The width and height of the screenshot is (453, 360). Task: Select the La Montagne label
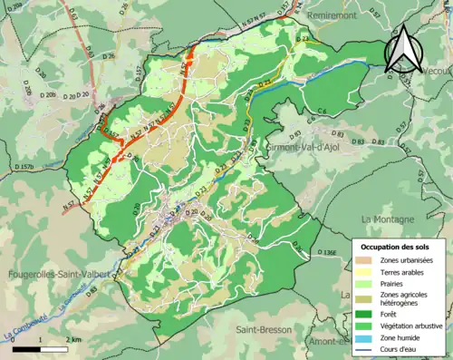point(387,219)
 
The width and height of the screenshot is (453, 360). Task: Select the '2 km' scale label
point(75,338)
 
